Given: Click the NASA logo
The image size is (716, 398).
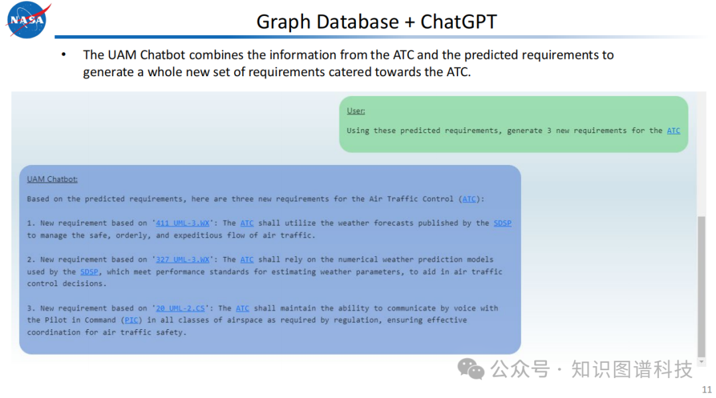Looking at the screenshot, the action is pos(27,20).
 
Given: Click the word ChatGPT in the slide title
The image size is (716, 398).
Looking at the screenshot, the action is pos(459,21).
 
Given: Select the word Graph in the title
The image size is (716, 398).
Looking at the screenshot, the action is pos(283,22).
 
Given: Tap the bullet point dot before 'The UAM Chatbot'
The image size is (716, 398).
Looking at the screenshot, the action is pos(64,55).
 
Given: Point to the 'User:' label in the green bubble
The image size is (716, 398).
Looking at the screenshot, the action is pos(356,111).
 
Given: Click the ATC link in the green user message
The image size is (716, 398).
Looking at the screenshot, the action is pos(674,130).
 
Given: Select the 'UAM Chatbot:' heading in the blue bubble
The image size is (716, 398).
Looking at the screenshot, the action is pos(52,179).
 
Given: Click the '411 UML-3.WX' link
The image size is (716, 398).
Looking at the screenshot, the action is pos(183,223).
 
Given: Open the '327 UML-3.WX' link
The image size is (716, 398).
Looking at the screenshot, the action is pos(183,260).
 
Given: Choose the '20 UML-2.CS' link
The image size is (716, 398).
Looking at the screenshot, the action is pos(180,308).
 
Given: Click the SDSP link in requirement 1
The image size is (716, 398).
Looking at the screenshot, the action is pos(503,223).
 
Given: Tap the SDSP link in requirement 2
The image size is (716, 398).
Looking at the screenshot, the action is pos(89,272).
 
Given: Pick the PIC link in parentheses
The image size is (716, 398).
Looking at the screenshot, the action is pos(131,320).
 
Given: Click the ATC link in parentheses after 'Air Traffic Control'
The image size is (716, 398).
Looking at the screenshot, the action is pos(469,199).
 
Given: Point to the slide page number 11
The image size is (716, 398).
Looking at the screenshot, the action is pos(707,390).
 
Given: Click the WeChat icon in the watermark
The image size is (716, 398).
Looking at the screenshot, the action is pos(471,369).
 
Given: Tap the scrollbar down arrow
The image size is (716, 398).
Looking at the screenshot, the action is pos(702,362).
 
